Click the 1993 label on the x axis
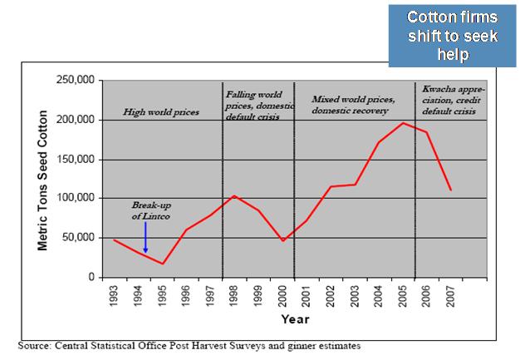115,295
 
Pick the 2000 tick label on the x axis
283,295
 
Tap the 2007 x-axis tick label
450,295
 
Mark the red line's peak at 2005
403,123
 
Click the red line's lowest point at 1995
162,264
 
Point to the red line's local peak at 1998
235,195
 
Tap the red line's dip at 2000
283,241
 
